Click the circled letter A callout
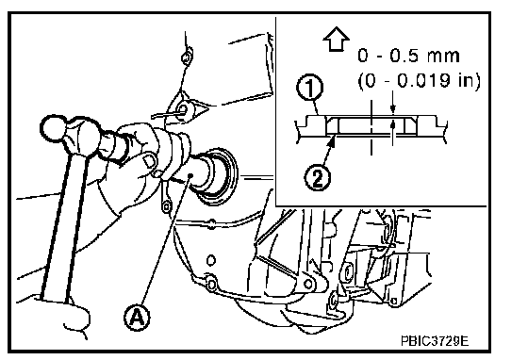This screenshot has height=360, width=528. tap(137, 317)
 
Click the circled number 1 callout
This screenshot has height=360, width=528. tap(309, 89)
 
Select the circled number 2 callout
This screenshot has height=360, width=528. tap(318, 178)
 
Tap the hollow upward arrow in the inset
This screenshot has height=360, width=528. tap(336, 40)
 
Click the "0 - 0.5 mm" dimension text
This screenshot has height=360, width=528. tap(408, 56)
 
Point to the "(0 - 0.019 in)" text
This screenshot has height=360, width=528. tap(420, 81)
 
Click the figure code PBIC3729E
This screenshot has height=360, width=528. tap(435, 341)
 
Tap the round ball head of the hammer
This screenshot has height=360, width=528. tap(53, 128)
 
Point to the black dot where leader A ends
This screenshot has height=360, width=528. tap(190, 175)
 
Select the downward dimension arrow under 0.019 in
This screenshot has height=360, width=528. tap(392, 108)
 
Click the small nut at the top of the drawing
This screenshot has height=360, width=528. tap(187, 57)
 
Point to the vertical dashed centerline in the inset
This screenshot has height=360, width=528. tap(371, 127)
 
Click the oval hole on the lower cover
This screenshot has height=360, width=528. tap(211, 260)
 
